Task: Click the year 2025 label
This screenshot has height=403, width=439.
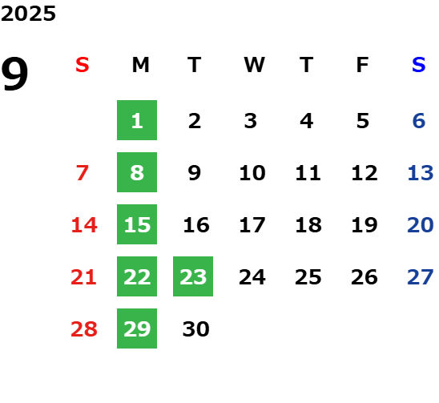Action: [28, 14]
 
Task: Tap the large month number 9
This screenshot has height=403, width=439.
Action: [14, 74]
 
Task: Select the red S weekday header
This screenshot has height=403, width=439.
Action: [83, 65]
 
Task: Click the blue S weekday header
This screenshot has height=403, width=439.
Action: [419, 65]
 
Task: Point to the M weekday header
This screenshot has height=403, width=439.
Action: [140, 65]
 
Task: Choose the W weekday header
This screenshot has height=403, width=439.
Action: [254, 65]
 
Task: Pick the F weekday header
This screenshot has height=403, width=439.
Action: [363, 65]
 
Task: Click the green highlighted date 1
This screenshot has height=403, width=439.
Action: [137, 120]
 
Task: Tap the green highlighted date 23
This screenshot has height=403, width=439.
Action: [193, 276]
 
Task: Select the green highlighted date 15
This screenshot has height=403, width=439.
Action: [137, 224]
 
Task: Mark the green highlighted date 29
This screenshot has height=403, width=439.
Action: [137, 328]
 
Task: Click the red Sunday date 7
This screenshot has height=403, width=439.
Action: [83, 173]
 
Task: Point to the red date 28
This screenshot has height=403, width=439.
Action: [84, 329]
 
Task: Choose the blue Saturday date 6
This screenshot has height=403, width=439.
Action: [419, 121]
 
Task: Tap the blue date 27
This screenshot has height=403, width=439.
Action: [421, 277]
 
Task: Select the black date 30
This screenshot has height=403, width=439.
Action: [196, 329]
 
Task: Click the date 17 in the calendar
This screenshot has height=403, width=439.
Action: [252, 225]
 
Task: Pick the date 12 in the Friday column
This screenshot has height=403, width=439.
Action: [364, 173]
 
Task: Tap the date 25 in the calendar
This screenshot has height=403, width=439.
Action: [308, 277]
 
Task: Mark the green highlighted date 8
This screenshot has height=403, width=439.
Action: [137, 172]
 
